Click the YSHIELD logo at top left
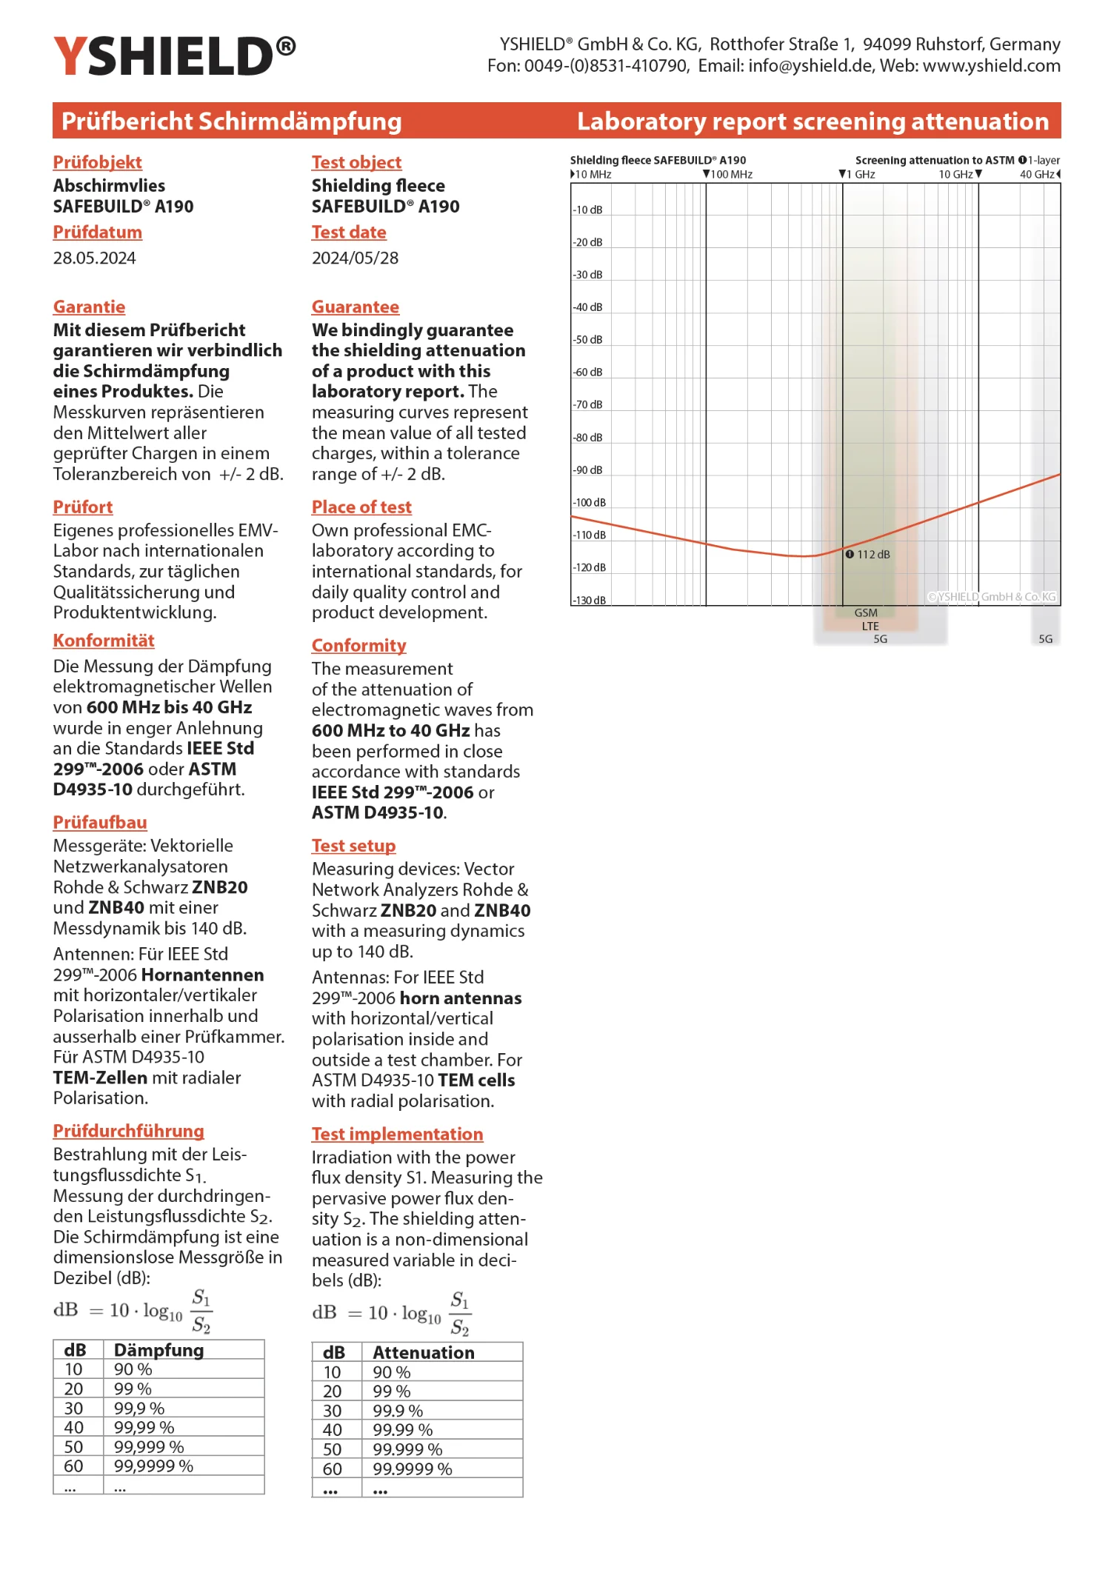[174, 56]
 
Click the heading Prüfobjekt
[97, 162]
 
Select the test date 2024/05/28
[355, 258]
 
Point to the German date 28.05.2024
[94, 258]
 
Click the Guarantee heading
[355, 307]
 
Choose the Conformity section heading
[358, 645]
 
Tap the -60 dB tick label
[588, 372]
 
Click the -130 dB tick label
[590, 600]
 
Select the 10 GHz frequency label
[955, 175]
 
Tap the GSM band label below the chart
[866, 613]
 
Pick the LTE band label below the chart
[870, 626]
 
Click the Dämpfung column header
[159, 1350]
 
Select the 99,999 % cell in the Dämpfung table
[149, 1447]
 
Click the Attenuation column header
[423, 1352]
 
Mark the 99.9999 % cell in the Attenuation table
[412, 1469]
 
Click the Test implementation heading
[397, 1134]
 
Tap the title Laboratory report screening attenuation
[813, 121]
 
